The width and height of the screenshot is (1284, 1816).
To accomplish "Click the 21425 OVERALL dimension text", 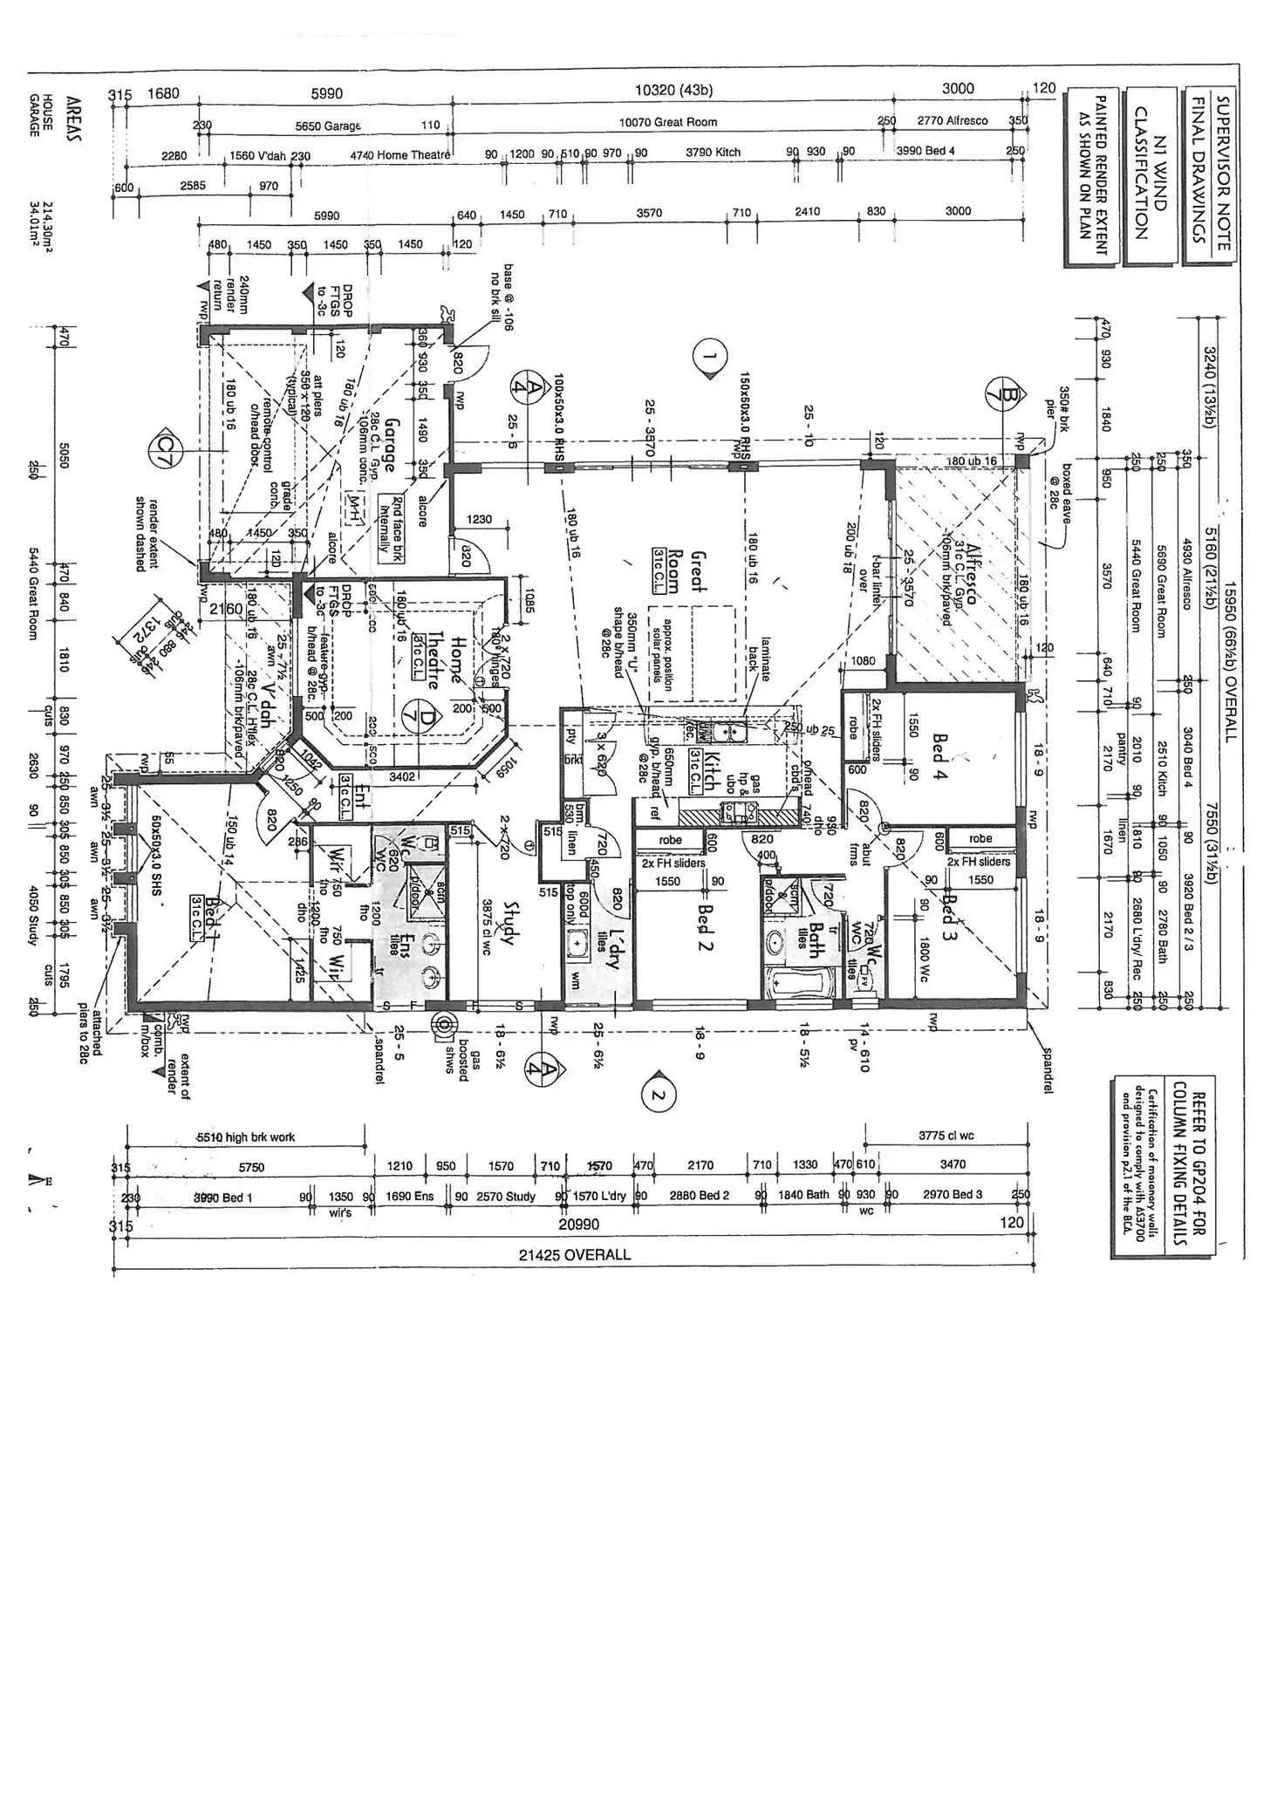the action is pyautogui.click(x=573, y=1254).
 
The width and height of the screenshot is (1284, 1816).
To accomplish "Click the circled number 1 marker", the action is pyautogui.click(x=708, y=356).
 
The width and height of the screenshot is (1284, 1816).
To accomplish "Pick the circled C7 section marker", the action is pyautogui.click(x=163, y=447).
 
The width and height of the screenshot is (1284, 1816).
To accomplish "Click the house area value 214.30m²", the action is pyautogui.click(x=49, y=227).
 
